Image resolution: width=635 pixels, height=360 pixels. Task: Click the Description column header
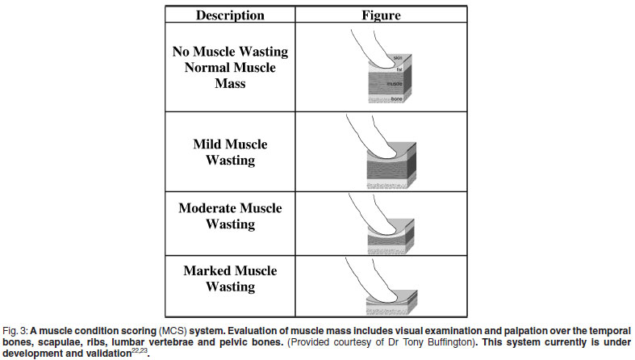[230, 15]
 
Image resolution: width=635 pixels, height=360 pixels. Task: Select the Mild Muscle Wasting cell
[230, 153]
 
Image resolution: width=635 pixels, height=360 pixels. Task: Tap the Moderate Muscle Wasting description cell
[230, 216]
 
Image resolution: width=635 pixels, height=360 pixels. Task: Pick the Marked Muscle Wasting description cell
[230, 278]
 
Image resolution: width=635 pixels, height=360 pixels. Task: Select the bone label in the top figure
[396, 98]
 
